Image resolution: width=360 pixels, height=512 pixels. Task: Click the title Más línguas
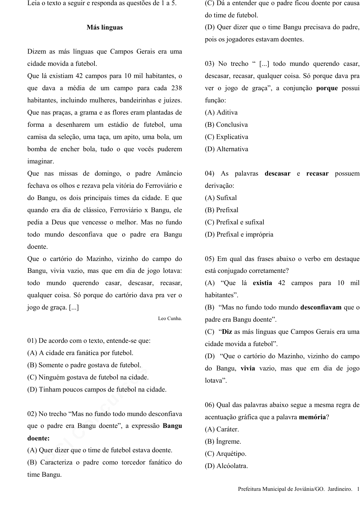tap(105, 27)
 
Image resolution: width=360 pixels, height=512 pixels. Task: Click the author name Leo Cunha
tap(170, 318)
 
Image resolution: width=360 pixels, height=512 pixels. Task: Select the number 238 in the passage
tap(176, 88)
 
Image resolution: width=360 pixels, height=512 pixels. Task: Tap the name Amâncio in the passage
tap(169, 173)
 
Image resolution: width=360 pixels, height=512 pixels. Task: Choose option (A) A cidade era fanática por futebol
tap(80, 353)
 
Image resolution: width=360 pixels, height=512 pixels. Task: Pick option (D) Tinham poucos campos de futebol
tap(97, 389)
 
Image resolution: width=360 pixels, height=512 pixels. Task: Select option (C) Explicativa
tap(226, 137)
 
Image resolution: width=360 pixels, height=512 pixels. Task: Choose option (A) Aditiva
tap(221, 112)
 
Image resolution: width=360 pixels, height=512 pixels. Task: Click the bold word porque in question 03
tap(327, 88)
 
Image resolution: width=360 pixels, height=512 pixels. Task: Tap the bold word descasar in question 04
tap(277, 173)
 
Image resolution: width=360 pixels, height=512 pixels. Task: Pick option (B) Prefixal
tap(222, 210)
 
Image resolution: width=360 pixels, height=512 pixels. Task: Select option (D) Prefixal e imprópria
tap(239, 234)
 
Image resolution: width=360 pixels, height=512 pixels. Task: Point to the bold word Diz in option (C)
tap(227, 332)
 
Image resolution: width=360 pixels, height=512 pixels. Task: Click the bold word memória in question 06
tap(312, 417)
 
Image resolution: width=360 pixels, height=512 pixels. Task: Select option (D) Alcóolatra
tap(226, 466)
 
